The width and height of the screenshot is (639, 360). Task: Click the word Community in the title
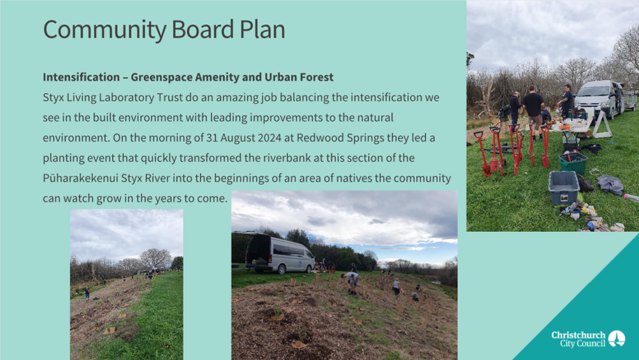[104, 30]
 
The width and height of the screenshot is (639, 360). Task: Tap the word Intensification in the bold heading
[82, 77]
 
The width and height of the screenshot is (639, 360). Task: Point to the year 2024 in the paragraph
[269, 138]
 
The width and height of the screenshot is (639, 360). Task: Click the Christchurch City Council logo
[588, 339]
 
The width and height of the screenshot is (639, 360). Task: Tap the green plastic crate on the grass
[573, 163]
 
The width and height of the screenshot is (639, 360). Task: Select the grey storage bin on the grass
[564, 187]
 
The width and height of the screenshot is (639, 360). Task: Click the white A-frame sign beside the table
[602, 124]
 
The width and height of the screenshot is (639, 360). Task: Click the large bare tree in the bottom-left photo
[155, 259]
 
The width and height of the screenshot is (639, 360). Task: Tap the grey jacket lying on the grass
[610, 184]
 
